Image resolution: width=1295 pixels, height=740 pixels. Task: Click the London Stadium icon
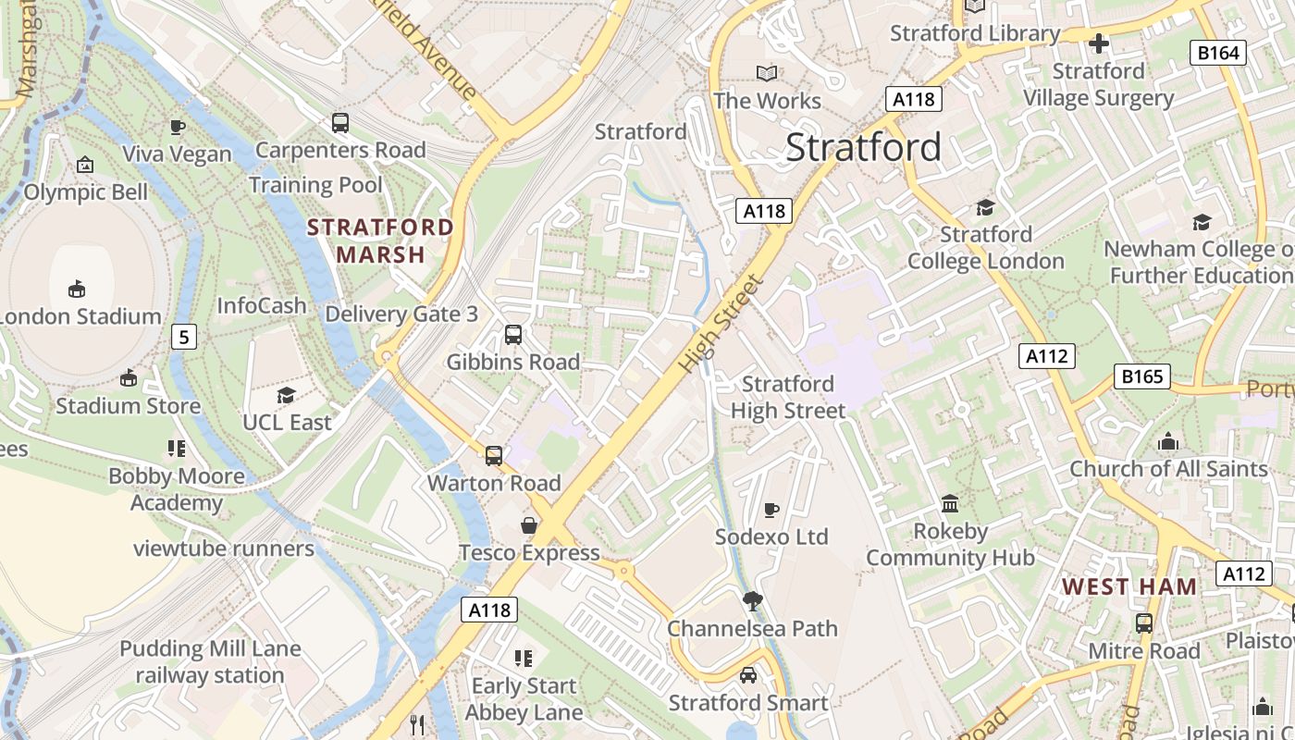77,290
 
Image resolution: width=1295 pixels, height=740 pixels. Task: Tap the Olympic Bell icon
85,165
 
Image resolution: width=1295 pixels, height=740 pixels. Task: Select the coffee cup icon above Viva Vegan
178,127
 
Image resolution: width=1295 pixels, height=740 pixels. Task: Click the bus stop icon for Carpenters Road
340,122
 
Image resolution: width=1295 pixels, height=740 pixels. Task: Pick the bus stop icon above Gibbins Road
513,335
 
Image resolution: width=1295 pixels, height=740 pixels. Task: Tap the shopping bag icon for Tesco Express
529,525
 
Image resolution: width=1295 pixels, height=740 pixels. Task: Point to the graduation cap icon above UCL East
286,395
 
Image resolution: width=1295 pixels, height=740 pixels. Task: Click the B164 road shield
1217,53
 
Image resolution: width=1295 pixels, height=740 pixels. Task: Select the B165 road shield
1141,376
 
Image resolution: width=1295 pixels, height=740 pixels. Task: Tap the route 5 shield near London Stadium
184,337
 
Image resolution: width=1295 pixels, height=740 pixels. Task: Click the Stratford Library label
975,33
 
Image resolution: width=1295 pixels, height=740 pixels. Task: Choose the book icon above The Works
767,73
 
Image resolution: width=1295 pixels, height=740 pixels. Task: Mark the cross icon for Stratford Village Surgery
1099,43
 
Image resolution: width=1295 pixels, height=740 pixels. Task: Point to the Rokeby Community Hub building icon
950,504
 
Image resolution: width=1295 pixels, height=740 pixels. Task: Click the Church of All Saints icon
1168,441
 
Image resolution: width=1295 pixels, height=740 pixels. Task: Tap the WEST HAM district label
1129,586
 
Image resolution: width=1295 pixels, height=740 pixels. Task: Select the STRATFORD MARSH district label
380,240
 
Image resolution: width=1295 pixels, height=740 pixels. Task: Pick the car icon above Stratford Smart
748,675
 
